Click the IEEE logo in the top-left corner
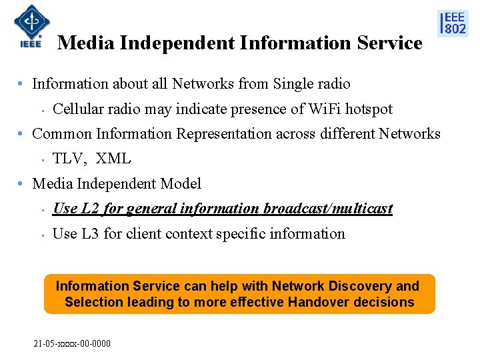pyautogui.click(x=27, y=27)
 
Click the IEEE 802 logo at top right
pyautogui.click(x=453, y=23)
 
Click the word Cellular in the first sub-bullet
pyautogui.click(x=77, y=109)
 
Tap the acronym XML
pyautogui.click(x=113, y=159)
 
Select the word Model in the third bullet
pyautogui.click(x=182, y=184)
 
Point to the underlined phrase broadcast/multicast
pyautogui.click(x=328, y=209)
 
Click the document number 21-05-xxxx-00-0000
pyautogui.click(x=72, y=344)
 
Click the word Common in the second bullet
pyautogui.click(x=62, y=134)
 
